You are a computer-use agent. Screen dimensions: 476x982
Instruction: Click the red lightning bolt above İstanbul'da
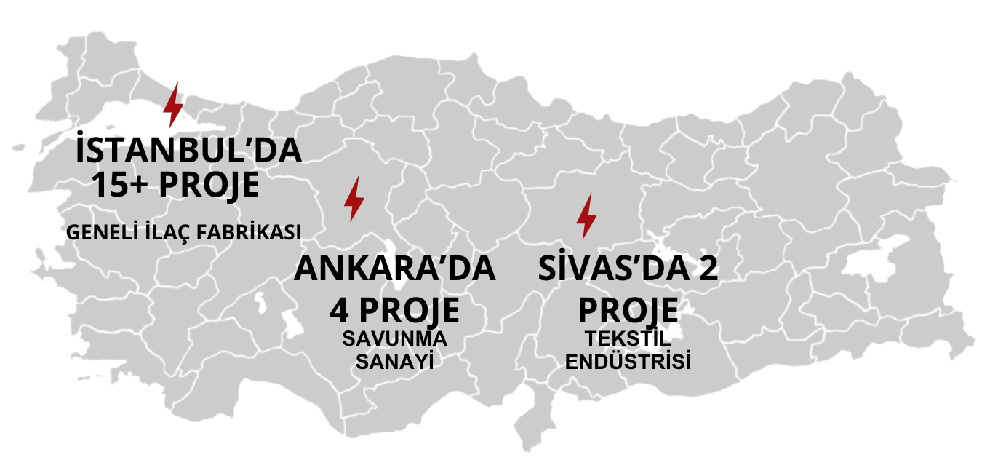[x=173, y=105]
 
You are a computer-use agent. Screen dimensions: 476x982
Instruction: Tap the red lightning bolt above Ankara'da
[x=354, y=198]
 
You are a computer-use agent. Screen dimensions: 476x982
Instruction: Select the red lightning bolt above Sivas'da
[x=586, y=216]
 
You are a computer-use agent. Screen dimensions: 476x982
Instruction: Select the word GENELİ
[x=100, y=232]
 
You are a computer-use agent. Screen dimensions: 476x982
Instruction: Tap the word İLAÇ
[x=169, y=232]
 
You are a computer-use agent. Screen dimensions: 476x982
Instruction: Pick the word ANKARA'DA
[x=394, y=269]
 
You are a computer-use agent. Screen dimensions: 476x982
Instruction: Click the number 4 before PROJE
[x=338, y=311]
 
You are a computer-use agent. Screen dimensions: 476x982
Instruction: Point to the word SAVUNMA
[x=394, y=340]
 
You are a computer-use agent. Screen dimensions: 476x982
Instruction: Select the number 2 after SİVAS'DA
[x=707, y=269]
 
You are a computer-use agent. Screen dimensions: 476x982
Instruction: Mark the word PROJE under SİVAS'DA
[x=628, y=311]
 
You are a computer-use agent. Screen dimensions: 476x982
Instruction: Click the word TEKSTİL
[x=628, y=340]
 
